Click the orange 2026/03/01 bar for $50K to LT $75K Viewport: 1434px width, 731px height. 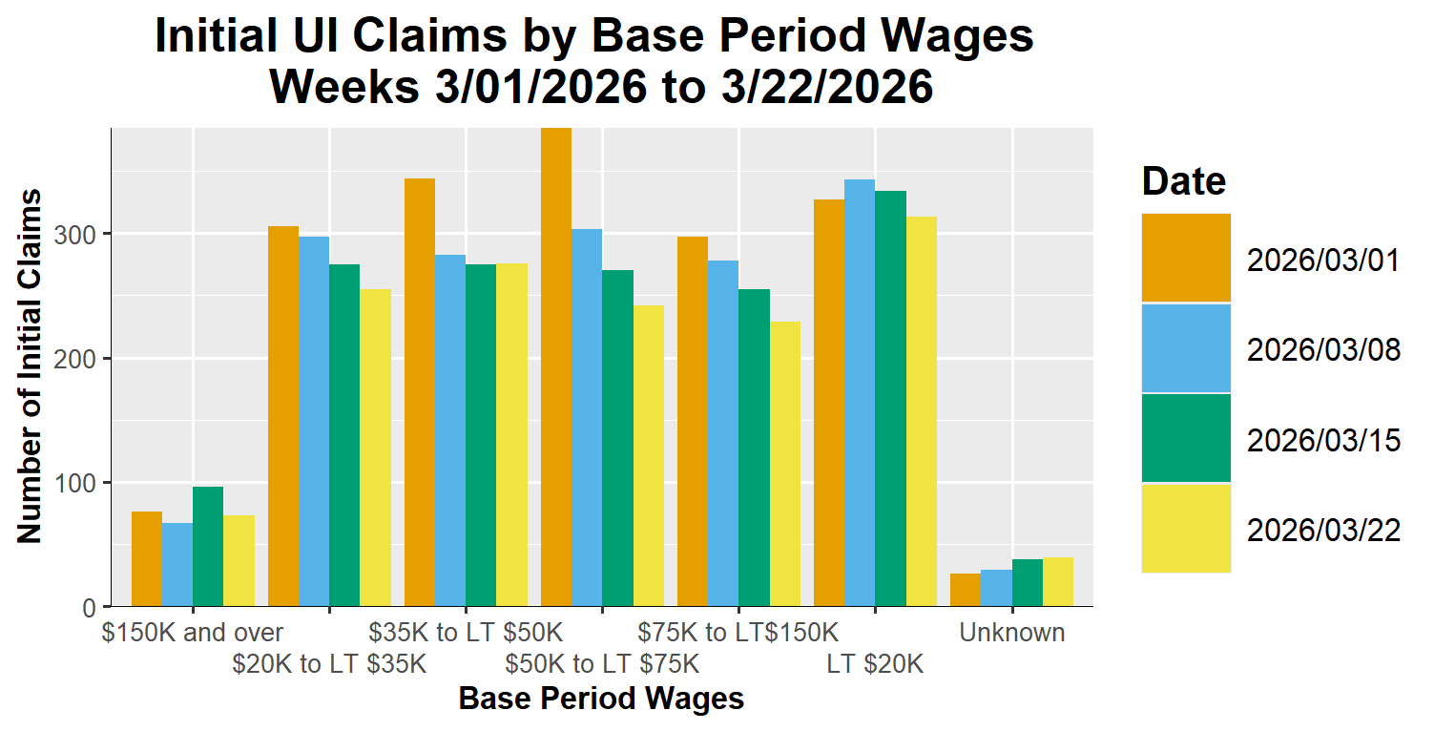pyautogui.click(x=556, y=367)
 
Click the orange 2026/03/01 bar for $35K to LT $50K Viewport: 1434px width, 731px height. pyautogui.click(x=420, y=392)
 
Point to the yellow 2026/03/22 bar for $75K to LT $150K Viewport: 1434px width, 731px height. pyautogui.click(x=785, y=464)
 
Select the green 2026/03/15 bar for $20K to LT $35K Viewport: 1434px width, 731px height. pyautogui.click(x=344, y=435)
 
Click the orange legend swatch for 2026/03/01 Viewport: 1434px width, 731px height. pyautogui.click(x=1186, y=258)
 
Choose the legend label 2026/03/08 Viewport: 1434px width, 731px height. pyautogui.click(x=1323, y=350)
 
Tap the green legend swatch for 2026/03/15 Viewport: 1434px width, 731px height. pyautogui.click(x=1186, y=438)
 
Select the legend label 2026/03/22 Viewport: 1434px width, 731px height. pyautogui.click(x=1323, y=530)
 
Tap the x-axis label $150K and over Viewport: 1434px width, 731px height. pyautogui.click(x=193, y=633)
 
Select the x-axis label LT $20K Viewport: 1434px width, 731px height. pyautogui.click(x=875, y=664)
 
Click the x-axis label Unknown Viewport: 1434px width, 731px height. pyautogui.click(x=1012, y=633)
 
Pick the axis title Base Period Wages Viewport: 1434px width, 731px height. pyautogui.click(x=601, y=700)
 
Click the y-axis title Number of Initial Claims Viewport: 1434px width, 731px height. pyautogui.click(x=31, y=366)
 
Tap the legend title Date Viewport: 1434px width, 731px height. pyautogui.click(x=1184, y=180)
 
